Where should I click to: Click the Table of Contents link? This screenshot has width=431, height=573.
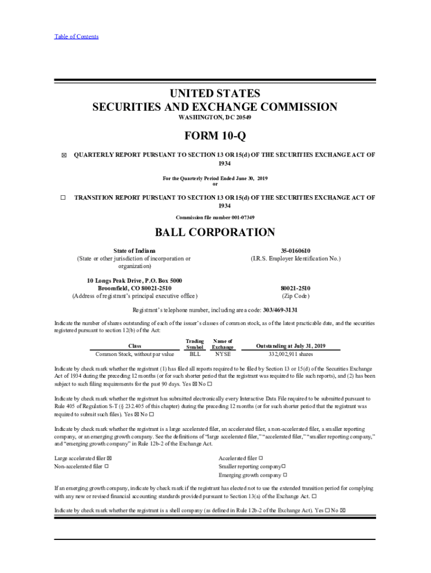76,37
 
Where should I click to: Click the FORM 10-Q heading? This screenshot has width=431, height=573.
215,137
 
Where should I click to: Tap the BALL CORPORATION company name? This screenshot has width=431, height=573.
215,232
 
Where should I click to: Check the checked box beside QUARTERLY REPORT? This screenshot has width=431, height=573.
63,155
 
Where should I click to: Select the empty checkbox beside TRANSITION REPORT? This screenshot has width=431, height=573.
63,198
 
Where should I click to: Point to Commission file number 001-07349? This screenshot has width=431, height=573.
215,217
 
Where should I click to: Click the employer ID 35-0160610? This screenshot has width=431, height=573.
296,251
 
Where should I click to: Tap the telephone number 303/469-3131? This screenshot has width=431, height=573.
278,309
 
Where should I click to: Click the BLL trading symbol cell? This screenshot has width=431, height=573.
195,354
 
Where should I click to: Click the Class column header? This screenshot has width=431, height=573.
135,346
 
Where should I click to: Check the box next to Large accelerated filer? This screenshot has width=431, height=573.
109,458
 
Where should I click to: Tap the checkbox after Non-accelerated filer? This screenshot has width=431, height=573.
106,466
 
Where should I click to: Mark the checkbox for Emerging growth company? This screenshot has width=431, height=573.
285,475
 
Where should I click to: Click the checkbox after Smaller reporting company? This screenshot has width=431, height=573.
284,466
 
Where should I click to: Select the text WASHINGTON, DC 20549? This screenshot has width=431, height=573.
215,119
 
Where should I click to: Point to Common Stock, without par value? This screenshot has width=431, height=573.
135,354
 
